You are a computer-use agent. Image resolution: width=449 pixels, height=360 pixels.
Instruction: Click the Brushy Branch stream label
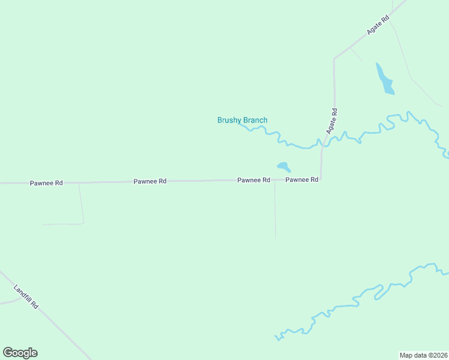[x=242, y=120]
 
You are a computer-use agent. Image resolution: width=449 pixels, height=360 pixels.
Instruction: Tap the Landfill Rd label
[x=26, y=296]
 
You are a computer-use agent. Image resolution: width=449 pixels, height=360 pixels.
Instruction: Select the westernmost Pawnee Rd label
[x=46, y=182]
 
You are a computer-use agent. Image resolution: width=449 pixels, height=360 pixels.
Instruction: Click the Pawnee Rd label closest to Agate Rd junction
[x=301, y=179]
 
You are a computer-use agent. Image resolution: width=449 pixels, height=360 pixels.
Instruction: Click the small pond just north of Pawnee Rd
[x=283, y=166]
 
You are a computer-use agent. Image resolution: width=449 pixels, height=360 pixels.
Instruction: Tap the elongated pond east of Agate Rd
[x=384, y=80]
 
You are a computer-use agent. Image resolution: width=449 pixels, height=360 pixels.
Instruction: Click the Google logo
[x=20, y=353]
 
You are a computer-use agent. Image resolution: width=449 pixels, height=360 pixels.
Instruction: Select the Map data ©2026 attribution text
[x=423, y=355]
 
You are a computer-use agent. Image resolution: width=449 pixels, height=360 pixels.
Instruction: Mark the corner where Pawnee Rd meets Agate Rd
[x=321, y=179]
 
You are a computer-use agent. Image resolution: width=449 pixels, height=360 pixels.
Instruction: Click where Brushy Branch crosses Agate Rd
[x=324, y=143]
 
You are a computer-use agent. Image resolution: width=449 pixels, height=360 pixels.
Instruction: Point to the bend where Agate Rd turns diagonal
[x=334, y=59]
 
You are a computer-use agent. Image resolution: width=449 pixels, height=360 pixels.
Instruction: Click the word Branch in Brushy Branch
[x=255, y=120]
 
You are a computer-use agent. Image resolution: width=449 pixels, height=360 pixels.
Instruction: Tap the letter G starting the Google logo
[x=7, y=353]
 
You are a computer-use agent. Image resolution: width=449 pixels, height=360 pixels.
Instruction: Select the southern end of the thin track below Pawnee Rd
[x=276, y=239]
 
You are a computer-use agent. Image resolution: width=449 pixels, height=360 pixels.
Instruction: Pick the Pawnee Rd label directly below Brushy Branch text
[x=253, y=180]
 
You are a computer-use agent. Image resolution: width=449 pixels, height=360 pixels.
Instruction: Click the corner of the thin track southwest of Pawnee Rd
[x=83, y=223]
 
